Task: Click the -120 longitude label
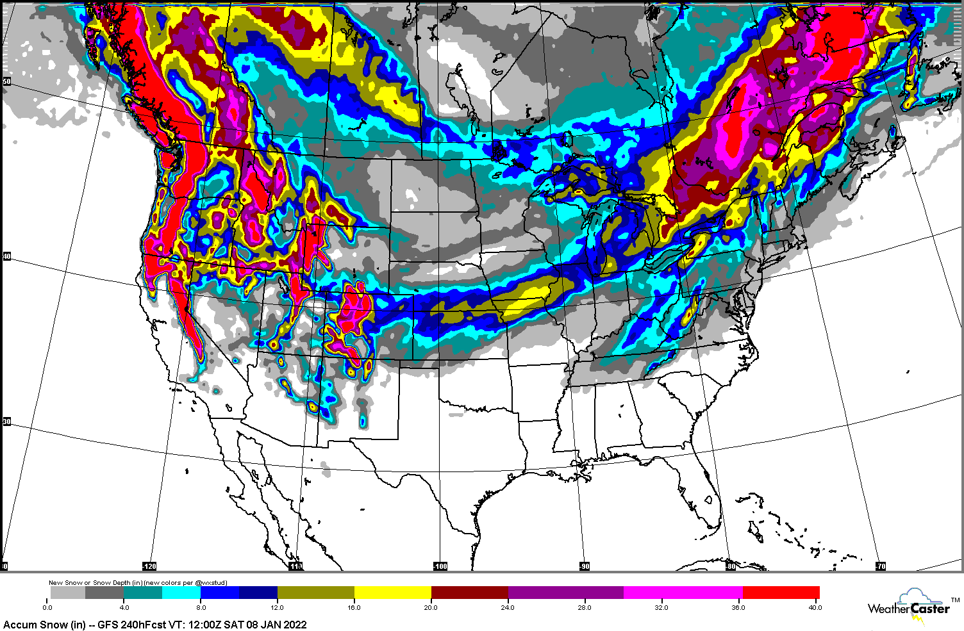[x=149, y=566]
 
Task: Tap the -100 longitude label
[x=440, y=566]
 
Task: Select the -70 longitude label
[x=881, y=566]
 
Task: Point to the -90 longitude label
[x=584, y=566]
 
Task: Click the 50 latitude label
[x=6, y=81]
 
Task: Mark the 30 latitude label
[x=6, y=422]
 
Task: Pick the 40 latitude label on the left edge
[x=6, y=256]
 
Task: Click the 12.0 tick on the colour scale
[x=278, y=607]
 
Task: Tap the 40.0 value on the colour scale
[x=814, y=607]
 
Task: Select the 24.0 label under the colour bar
[x=508, y=607]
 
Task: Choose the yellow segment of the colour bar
[x=392, y=593]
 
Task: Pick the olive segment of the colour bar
[x=315, y=593]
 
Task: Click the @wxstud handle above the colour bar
[x=211, y=583]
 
